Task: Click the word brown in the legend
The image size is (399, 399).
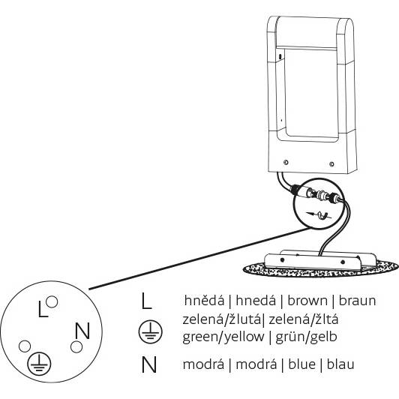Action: tap(307, 300)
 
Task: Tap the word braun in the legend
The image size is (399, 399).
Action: tap(357, 300)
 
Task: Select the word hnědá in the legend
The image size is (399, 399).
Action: tap(204, 300)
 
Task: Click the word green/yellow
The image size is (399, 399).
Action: tap(223, 337)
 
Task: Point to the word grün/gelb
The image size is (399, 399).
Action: tap(306, 337)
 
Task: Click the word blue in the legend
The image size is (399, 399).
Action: tap(302, 364)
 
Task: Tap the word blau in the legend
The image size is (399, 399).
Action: tap(340, 364)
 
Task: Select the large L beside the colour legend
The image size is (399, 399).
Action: tap(146, 301)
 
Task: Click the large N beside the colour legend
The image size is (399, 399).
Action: tap(148, 364)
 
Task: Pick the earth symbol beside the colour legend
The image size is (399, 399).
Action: tap(150, 331)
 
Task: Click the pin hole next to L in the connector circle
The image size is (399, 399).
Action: tap(52, 301)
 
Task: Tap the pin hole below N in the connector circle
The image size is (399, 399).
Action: tap(76, 346)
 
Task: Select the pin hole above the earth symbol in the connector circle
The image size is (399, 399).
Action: tap(25, 346)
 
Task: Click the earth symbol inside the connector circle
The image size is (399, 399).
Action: tap(39, 364)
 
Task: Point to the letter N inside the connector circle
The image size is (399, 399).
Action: tap(82, 331)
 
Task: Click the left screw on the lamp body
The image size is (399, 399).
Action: tap(286, 162)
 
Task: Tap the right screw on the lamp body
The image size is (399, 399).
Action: tap(331, 164)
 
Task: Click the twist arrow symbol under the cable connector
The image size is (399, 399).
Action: tap(319, 215)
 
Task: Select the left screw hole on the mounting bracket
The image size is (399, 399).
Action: tap(282, 259)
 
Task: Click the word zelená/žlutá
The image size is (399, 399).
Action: tap(221, 319)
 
